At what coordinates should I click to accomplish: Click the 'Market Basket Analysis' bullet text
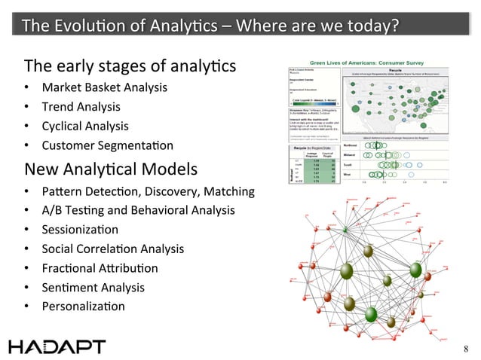(x=104, y=88)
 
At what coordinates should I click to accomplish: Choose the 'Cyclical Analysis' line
(x=85, y=126)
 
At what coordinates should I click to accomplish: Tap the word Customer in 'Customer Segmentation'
(x=66, y=145)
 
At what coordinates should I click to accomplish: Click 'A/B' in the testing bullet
(x=54, y=210)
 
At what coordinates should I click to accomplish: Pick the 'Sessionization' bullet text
(x=81, y=229)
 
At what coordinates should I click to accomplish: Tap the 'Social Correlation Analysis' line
(x=112, y=249)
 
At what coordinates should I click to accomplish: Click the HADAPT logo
(x=58, y=346)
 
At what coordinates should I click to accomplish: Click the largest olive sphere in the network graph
(x=346, y=270)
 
